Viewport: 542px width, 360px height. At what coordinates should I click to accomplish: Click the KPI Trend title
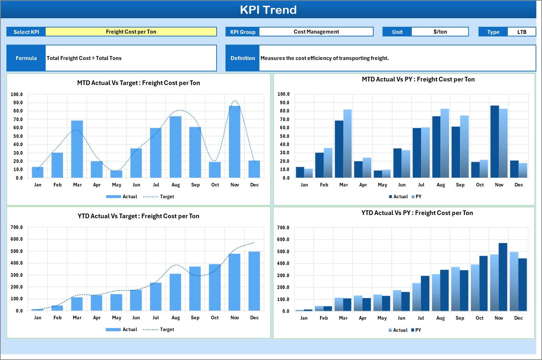coord(268,10)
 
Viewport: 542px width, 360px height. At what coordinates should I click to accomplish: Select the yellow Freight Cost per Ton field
coord(131,32)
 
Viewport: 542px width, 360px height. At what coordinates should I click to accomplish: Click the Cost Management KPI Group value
coord(316,32)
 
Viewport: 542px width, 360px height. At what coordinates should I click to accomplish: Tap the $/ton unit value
coord(440,32)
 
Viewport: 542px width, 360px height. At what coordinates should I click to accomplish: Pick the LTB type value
coord(522,32)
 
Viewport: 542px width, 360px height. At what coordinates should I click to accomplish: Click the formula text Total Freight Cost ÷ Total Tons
coord(84,58)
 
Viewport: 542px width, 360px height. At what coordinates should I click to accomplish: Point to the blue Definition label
coord(243,58)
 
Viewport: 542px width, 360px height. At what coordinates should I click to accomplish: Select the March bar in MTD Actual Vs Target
coord(77,149)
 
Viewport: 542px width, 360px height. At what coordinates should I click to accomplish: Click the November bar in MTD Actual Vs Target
coord(234,142)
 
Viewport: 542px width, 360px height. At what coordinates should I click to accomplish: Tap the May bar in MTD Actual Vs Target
coord(116,174)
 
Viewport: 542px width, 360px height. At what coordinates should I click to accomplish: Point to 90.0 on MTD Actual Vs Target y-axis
coord(17,103)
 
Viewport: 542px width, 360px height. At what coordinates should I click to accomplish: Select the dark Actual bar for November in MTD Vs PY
coord(495,142)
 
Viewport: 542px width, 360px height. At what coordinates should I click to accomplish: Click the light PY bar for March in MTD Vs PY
coord(348,144)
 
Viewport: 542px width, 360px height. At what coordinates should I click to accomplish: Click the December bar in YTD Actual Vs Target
coord(254,281)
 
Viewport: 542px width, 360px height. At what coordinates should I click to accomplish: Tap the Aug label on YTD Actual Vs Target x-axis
coord(176,318)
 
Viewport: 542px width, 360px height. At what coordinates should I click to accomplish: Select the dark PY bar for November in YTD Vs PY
coord(503,277)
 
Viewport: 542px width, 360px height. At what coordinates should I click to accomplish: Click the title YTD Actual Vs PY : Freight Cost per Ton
coord(417,213)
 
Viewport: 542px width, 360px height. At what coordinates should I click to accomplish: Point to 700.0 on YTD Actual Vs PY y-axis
coord(283,228)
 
